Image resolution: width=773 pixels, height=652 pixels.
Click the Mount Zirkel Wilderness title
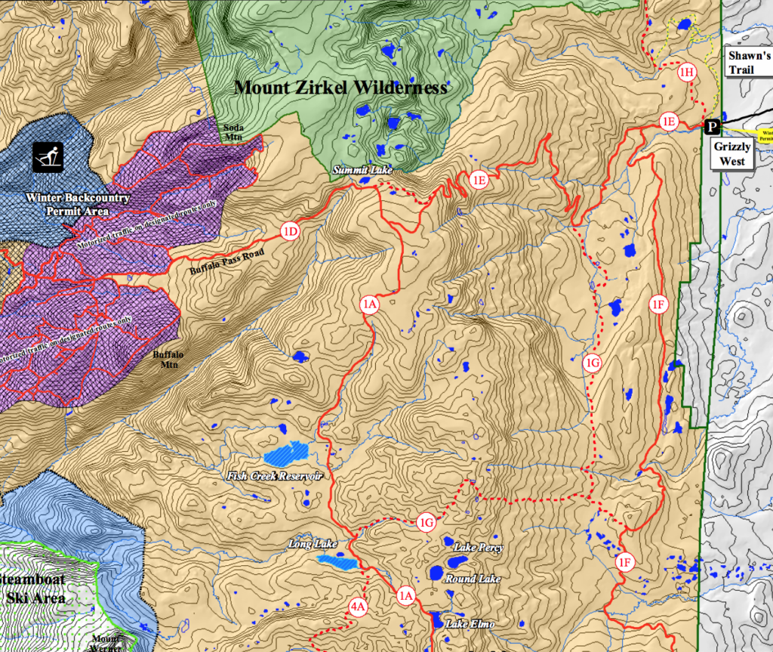(340, 88)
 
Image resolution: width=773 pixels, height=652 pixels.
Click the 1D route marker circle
(290, 231)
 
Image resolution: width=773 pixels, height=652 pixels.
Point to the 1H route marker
(686, 73)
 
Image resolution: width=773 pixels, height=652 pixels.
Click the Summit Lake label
(362, 171)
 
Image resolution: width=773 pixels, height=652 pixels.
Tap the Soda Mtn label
(233, 131)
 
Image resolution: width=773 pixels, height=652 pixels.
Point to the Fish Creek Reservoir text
(275, 477)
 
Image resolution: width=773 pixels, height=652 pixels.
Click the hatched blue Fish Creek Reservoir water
(287, 454)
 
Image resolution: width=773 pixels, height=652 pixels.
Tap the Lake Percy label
(474, 547)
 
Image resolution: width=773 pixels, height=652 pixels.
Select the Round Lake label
(473, 579)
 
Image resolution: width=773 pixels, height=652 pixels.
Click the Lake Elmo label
(470, 624)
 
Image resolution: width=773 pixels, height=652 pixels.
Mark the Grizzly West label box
(732, 154)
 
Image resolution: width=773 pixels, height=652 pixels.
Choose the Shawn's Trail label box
(748, 63)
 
